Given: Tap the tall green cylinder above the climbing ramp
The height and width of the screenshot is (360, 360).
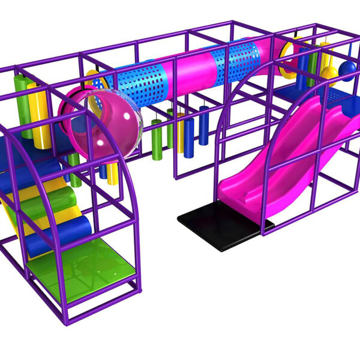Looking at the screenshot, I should pos(23,105).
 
